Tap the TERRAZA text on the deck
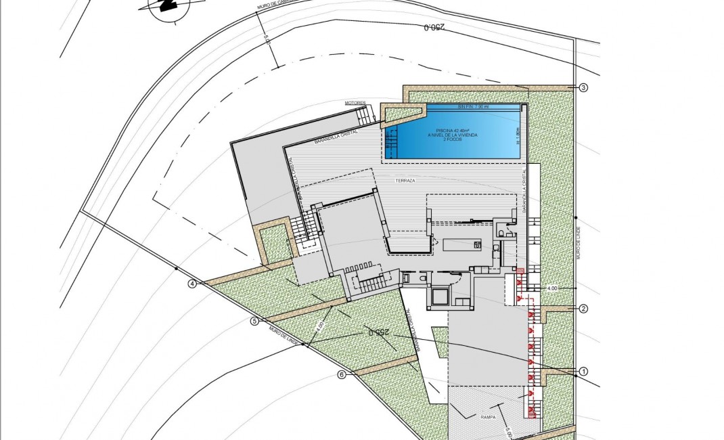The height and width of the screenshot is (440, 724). point(407,181)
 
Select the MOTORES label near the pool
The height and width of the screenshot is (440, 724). point(355,103)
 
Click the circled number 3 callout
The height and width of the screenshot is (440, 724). point(583,87)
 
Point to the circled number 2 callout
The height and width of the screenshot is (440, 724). point(583,309)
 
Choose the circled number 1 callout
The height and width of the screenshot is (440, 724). point(583,371)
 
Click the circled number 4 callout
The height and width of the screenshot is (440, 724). point(192,284)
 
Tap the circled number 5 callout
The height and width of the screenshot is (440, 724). point(254,321)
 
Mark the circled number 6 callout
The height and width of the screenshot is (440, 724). point(342,374)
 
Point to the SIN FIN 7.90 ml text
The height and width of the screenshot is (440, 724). point(472,107)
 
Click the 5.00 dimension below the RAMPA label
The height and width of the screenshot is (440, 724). point(507,427)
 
